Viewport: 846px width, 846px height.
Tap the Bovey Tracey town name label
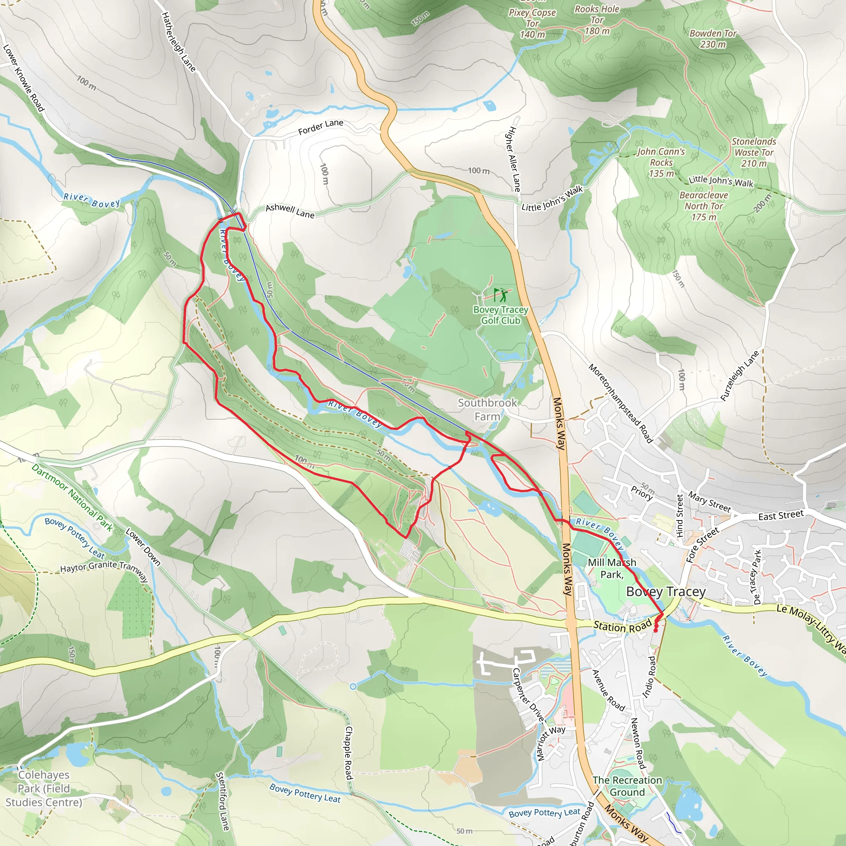tap(665, 592)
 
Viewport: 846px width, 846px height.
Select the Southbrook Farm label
tap(487, 409)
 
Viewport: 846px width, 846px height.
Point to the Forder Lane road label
tap(321, 127)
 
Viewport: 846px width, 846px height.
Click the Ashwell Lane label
tap(290, 211)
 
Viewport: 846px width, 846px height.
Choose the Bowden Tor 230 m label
tap(713, 38)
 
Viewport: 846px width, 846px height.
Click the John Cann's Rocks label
tap(661, 162)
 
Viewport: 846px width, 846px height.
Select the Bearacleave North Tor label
tap(703, 206)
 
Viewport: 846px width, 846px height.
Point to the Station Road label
tap(622, 626)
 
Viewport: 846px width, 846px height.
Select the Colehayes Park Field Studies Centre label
tap(44, 788)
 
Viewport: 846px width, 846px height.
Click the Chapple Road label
tap(349, 753)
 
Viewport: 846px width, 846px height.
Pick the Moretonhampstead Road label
tap(620, 403)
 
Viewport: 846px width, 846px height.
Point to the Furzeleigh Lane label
tap(739, 376)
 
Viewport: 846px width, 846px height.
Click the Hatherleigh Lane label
tap(178, 42)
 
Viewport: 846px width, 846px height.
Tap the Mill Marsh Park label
tap(612, 568)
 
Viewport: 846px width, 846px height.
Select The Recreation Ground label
tap(627, 786)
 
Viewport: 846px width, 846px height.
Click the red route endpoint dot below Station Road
tap(656, 630)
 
